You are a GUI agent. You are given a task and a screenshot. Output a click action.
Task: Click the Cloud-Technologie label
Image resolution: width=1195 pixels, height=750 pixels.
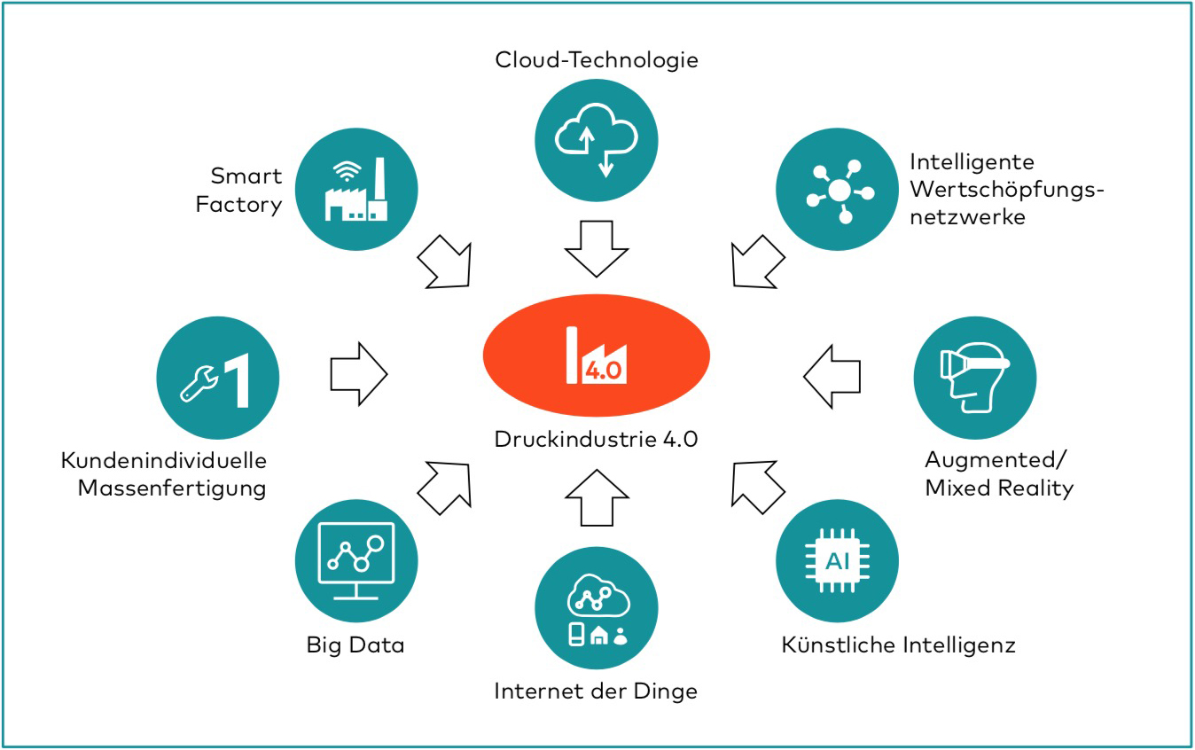click(x=597, y=59)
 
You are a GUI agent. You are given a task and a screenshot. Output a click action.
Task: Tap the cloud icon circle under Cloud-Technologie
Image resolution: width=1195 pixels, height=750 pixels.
click(x=597, y=138)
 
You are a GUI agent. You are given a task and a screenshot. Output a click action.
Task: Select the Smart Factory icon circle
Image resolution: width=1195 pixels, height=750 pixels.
click(x=355, y=190)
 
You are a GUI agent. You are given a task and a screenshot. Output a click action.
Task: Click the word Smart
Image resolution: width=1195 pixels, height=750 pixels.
click(x=246, y=176)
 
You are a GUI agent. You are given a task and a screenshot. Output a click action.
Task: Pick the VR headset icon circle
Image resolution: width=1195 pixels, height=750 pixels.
click(x=974, y=378)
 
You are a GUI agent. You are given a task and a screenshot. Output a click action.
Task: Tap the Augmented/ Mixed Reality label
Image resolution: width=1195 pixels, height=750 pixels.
click(x=998, y=473)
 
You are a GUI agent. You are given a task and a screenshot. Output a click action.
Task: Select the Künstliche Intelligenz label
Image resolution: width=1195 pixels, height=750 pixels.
click(x=898, y=645)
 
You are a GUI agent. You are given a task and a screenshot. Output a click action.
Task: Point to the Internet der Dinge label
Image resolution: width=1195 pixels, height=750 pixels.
click(x=596, y=691)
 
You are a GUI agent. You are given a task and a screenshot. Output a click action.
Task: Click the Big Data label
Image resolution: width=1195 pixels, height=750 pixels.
click(x=355, y=645)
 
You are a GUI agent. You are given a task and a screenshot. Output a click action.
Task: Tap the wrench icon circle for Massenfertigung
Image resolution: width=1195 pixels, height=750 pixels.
click(x=217, y=378)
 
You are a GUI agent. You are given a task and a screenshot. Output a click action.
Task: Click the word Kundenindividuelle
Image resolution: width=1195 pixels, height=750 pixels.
click(x=164, y=461)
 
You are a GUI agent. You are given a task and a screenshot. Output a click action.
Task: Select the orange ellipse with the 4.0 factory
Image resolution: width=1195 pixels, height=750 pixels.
click(x=596, y=358)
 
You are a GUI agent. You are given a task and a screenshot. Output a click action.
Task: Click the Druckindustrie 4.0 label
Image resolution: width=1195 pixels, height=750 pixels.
click(x=596, y=438)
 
